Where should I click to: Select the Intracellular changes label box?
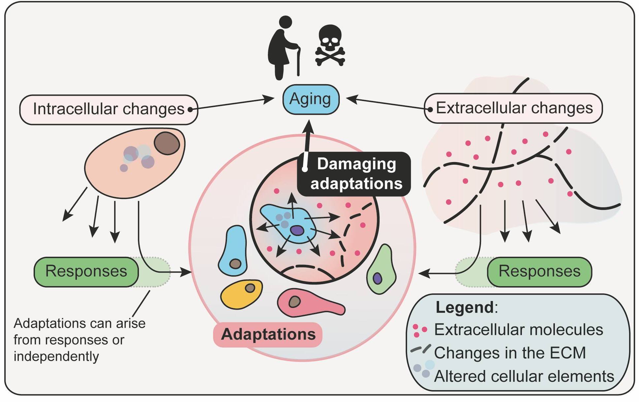pos(109,110)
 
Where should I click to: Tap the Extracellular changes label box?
pos(513,108)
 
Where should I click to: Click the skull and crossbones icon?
pos(330,46)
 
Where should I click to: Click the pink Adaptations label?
pos(268,334)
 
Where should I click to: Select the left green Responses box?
pos(86,272)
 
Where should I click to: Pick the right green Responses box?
pos(539,272)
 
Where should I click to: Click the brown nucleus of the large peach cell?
pos(167,143)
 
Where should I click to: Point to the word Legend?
pos(464,307)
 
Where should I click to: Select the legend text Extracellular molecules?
pos(518,330)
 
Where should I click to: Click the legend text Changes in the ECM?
pos(510,353)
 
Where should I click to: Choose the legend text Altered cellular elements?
pos(524,376)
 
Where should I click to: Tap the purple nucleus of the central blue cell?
pos(297,230)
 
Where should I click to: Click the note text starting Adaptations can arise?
pos(79,340)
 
